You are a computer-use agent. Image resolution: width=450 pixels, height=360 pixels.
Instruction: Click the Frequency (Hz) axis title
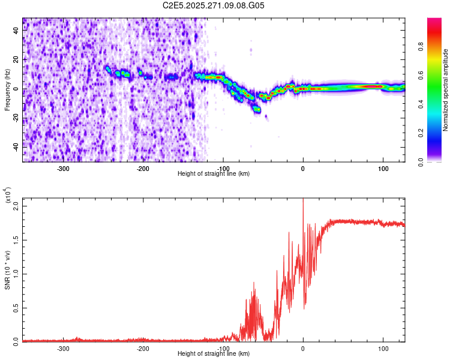point(7,89)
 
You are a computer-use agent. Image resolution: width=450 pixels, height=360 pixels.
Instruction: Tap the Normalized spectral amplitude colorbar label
point(445,89)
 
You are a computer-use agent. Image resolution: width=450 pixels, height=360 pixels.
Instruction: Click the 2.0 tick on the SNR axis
point(16,205)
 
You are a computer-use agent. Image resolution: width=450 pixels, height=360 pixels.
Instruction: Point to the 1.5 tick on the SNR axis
point(16,239)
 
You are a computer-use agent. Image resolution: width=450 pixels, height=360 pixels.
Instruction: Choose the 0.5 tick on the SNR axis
point(16,308)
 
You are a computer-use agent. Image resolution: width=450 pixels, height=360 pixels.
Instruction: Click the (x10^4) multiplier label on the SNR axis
point(8,196)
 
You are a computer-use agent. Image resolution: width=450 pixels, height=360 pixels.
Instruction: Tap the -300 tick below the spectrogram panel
point(64,168)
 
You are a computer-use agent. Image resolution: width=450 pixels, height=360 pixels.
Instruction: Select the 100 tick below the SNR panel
point(383,348)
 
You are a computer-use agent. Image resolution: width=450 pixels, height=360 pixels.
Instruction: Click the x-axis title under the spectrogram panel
point(214,173)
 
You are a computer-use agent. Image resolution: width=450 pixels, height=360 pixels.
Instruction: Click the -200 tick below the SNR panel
point(143,348)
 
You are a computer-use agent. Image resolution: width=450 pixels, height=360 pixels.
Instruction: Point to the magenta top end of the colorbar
point(434,20)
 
